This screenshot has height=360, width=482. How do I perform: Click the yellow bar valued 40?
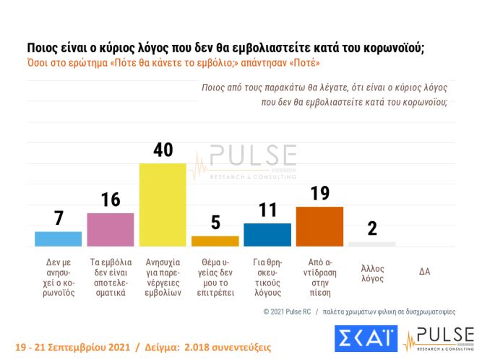tap(162, 205)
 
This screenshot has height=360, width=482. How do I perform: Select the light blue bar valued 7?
tap(58, 239)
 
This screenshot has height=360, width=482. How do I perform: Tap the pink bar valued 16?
tap(110, 230)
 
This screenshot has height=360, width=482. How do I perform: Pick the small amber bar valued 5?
tap(215, 241)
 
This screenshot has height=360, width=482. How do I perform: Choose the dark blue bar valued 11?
tap(267, 235)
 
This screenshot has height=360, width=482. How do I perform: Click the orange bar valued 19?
tap(319, 226)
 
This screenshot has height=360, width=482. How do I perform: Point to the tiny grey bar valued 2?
tap(371, 244)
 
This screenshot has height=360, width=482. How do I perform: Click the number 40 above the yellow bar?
tap(162, 150)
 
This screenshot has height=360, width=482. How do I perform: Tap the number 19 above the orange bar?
tap(319, 193)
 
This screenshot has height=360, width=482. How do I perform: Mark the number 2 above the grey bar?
tap(371, 228)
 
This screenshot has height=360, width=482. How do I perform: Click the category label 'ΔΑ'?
tap(425, 272)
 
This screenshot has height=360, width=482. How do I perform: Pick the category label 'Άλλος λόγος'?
tap(371, 273)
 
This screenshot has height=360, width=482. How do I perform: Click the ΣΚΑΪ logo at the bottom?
tap(366, 338)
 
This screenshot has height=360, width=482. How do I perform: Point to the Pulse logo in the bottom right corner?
tap(439, 338)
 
